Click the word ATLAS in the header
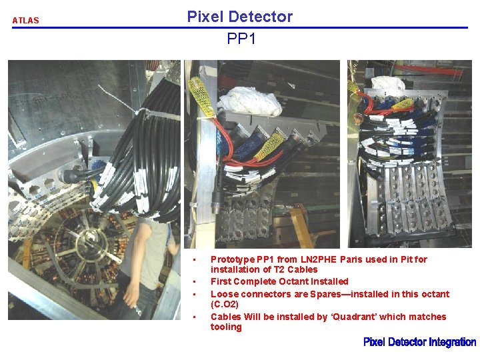point(25,21)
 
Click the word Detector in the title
point(262,17)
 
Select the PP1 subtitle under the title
point(241,39)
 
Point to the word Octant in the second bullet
point(296,281)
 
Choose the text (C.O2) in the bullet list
point(225,304)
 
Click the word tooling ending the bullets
point(226,327)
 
